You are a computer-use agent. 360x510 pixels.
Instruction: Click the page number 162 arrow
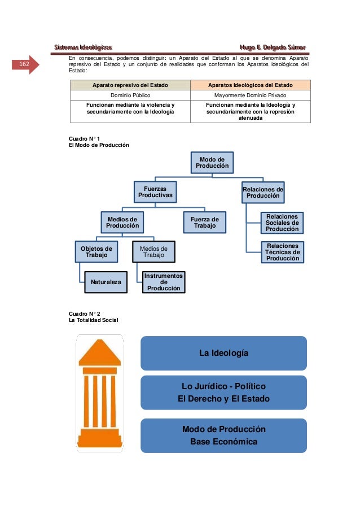pos(26,65)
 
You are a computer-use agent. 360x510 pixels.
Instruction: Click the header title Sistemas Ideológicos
pos(83,47)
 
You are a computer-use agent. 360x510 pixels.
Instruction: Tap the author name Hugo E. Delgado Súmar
pos(273,47)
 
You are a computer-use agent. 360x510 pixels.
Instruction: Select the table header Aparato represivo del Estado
pos(130,85)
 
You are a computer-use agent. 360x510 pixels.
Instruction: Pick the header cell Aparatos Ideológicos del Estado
pos(250,85)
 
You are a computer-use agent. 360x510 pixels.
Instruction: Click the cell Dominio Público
pos(130,95)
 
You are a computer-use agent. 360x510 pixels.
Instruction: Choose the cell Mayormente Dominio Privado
pos(250,95)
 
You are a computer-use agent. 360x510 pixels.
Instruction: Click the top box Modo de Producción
pos(213,163)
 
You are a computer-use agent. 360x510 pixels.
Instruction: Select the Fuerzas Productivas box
pos(155,191)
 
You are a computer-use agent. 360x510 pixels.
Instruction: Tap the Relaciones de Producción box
pos(263,191)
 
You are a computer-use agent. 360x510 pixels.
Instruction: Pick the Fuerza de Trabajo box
pos(205,222)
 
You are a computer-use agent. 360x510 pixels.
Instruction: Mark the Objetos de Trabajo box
pos(96,252)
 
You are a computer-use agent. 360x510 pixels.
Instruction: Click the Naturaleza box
pos(106,281)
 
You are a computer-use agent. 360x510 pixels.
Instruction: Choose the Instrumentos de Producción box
pos(164,281)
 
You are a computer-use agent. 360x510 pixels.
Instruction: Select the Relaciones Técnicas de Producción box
pos(283,252)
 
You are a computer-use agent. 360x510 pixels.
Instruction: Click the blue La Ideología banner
pos(223,353)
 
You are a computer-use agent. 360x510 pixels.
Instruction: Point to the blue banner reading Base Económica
pos(223,435)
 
